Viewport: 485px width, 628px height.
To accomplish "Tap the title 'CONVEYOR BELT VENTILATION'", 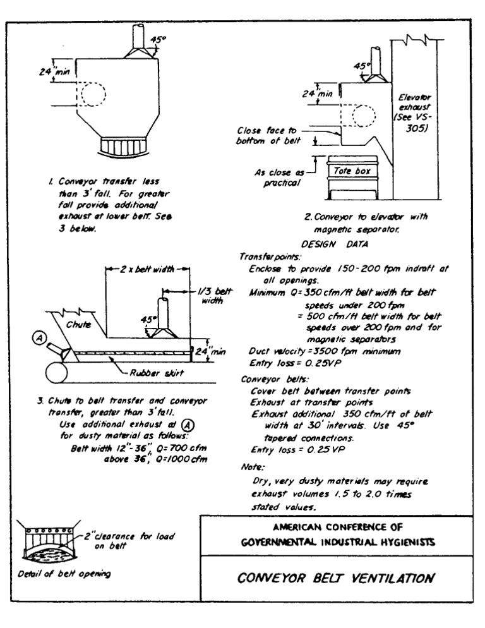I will click(x=336, y=577).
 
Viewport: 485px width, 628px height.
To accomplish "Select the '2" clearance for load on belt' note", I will click(x=136, y=542).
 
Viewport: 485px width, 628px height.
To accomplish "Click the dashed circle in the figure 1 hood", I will click(x=92, y=95).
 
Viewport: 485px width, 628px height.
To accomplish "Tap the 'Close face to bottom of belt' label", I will click(x=265, y=136).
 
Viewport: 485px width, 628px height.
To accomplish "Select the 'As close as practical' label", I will click(x=276, y=177).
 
